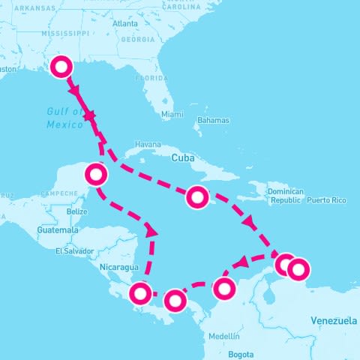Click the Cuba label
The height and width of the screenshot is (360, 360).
183,158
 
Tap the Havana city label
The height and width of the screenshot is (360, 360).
148,144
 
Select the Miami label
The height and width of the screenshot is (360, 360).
172,115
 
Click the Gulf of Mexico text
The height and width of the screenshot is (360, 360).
64,118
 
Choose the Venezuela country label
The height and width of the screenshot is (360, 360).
334,321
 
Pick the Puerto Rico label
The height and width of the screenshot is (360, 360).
326,200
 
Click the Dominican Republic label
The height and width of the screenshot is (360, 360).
286,196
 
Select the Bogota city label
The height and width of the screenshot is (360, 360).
241,353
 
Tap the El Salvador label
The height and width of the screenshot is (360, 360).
74,251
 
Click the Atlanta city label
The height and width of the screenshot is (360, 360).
124,24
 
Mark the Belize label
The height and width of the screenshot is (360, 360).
77,212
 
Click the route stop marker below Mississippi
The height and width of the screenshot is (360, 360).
61,67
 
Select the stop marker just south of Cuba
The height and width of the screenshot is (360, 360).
196,197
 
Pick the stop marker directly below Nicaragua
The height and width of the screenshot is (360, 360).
140,292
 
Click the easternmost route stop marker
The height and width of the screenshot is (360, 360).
298,268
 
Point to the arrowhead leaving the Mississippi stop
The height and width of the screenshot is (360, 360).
75,90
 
